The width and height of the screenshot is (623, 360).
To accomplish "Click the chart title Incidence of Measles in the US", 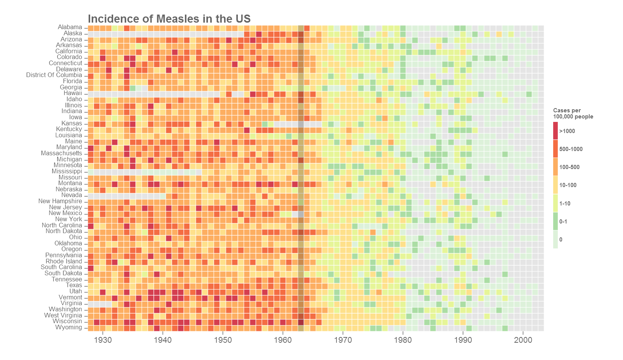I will (169, 19).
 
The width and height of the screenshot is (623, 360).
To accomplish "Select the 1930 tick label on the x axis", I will (102, 340).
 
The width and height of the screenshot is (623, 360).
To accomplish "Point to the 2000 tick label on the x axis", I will (523, 340).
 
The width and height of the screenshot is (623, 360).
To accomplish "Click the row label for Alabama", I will (70, 27).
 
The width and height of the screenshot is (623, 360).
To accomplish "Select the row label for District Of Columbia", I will (54, 75).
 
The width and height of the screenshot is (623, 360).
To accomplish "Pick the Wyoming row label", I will (69, 327).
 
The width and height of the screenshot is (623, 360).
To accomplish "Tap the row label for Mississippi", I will (67, 171).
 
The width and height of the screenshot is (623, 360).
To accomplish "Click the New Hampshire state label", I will (60, 201).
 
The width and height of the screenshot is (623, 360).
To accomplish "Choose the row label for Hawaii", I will (73, 93).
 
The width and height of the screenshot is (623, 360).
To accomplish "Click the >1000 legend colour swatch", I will (555, 131).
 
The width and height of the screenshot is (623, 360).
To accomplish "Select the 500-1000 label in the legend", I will (571, 149).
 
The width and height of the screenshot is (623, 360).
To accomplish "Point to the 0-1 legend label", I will (563, 222).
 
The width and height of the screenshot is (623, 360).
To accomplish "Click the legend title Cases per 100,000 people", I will (573, 113).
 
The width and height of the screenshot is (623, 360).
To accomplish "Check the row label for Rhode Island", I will (64, 261).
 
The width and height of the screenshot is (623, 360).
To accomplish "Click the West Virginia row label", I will (63, 316).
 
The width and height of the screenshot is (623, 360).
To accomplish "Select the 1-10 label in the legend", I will (565, 204).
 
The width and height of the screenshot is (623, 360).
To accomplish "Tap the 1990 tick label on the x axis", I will (463, 340).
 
